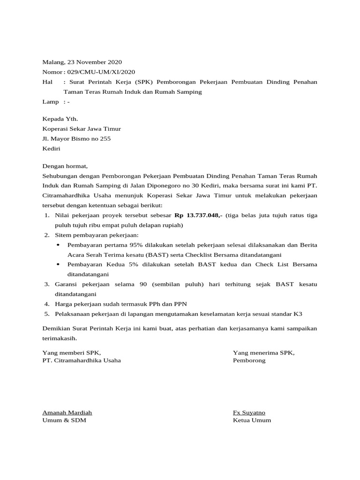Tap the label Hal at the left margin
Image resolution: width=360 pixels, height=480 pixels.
47,82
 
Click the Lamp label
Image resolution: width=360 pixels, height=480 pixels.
51,102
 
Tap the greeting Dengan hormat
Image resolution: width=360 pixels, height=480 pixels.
65,166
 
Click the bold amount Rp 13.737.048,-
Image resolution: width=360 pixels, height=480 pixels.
198,215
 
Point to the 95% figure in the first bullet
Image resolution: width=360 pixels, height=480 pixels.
128,245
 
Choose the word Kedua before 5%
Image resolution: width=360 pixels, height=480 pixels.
118,264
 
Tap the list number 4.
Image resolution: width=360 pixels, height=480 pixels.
47,304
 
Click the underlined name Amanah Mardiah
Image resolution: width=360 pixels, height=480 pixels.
67,412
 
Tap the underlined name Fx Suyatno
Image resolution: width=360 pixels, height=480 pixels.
249,412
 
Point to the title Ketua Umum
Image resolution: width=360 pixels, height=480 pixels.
252,420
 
